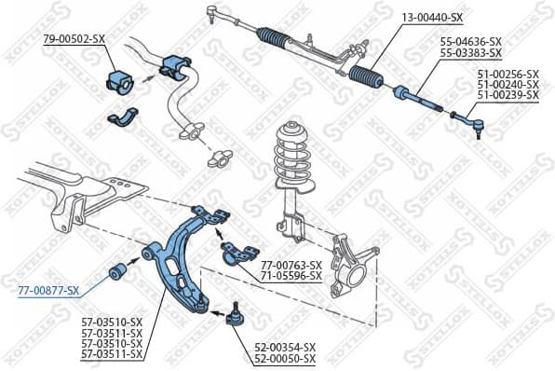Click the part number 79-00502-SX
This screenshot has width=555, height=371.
pyautogui.click(x=75, y=38)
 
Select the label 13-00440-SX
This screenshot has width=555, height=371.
pyautogui.click(x=432, y=18)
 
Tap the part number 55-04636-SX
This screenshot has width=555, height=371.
pyautogui.click(x=470, y=43)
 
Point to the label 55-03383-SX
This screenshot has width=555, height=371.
pyautogui.click(x=470, y=53)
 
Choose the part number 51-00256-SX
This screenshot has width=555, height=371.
pyautogui.click(x=508, y=74)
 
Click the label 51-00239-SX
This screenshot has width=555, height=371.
pyautogui.click(x=508, y=94)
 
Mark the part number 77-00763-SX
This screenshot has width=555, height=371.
pyautogui.click(x=291, y=266)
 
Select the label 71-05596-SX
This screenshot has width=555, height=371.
pyautogui.click(x=291, y=276)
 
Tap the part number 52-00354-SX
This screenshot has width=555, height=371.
pyautogui.click(x=285, y=347)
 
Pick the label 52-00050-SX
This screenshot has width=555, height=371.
pyautogui.click(x=285, y=358)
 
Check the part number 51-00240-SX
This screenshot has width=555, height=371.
pyautogui.click(x=508, y=84)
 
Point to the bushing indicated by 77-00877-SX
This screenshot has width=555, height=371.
pyautogui.click(x=118, y=271)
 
